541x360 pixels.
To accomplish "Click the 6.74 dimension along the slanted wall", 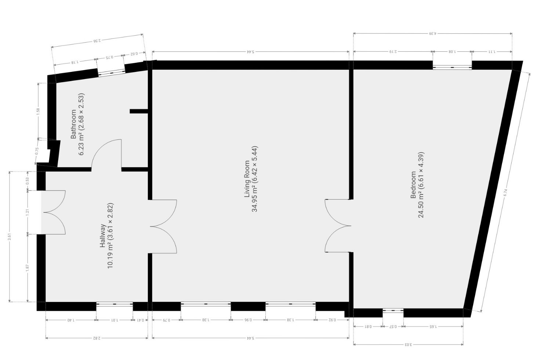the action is [505, 192].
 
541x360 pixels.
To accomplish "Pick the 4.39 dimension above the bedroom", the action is [433, 33].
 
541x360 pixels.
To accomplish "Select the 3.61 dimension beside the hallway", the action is [10, 236].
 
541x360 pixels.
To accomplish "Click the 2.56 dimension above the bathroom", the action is [97, 40].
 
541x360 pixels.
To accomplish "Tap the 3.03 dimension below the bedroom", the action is [408, 345].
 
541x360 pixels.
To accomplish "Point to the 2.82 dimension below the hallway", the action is [97, 338].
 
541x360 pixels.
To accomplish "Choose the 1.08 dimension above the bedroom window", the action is [452, 51].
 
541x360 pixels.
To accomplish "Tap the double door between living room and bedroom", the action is [338, 226].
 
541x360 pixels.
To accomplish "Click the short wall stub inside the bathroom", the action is [139, 111].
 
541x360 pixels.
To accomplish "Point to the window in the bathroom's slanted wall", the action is [111, 72].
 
